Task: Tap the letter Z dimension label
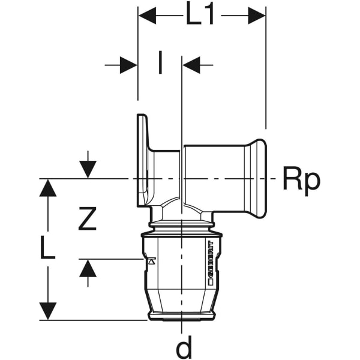pos(88,220)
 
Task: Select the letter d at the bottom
pos(184,347)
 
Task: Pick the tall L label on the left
pos(48,248)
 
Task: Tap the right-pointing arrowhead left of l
pos(128,65)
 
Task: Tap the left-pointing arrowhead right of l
pos(191,65)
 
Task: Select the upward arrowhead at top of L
pos(48,188)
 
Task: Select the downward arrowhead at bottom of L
pos(48,311)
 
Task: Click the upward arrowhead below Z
pos(88,268)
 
